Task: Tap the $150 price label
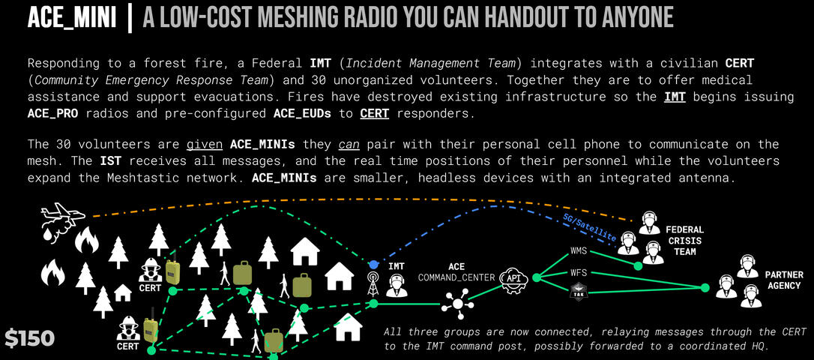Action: pyautogui.click(x=29, y=338)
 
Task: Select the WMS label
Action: pyautogui.click(x=579, y=250)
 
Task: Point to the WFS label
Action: pyautogui.click(x=579, y=272)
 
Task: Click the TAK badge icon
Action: pyautogui.click(x=578, y=291)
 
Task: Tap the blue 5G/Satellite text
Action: pyautogui.click(x=589, y=227)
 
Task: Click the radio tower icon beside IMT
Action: pyautogui.click(x=373, y=283)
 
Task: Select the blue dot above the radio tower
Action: pyautogui.click(x=373, y=265)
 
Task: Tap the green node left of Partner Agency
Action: pyautogui.click(x=704, y=287)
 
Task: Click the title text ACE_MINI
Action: pyautogui.click(x=71, y=18)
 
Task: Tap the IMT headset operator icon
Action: pyautogui.click(x=396, y=284)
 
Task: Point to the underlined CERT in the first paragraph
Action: pyautogui.click(x=374, y=114)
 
